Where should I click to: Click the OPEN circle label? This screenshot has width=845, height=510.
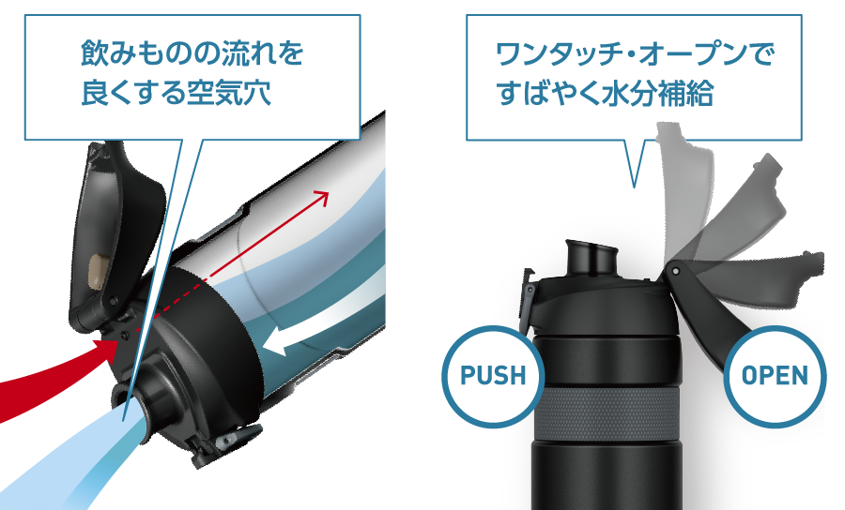coord(776,376)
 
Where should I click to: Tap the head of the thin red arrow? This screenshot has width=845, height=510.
coord(321,196)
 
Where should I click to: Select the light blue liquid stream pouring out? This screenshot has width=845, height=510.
coord(75,459)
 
